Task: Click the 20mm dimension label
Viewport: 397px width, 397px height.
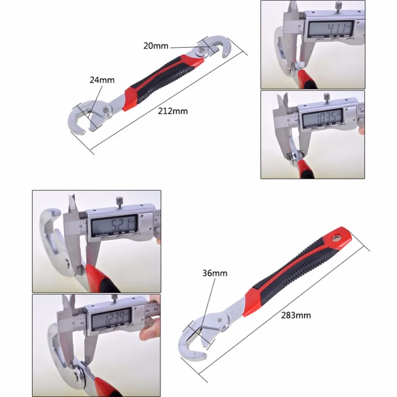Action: pyautogui.click(x=156, y=46)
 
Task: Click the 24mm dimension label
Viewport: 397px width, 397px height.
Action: pyautogui.click(x=102, y=80)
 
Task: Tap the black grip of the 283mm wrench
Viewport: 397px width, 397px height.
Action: pyautogui.click(x=294, y=270)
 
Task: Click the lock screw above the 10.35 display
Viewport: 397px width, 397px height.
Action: pyautogui.click(x=326, y=96)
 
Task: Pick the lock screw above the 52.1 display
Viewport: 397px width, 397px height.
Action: pyautogui.click(x=118, y=201)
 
